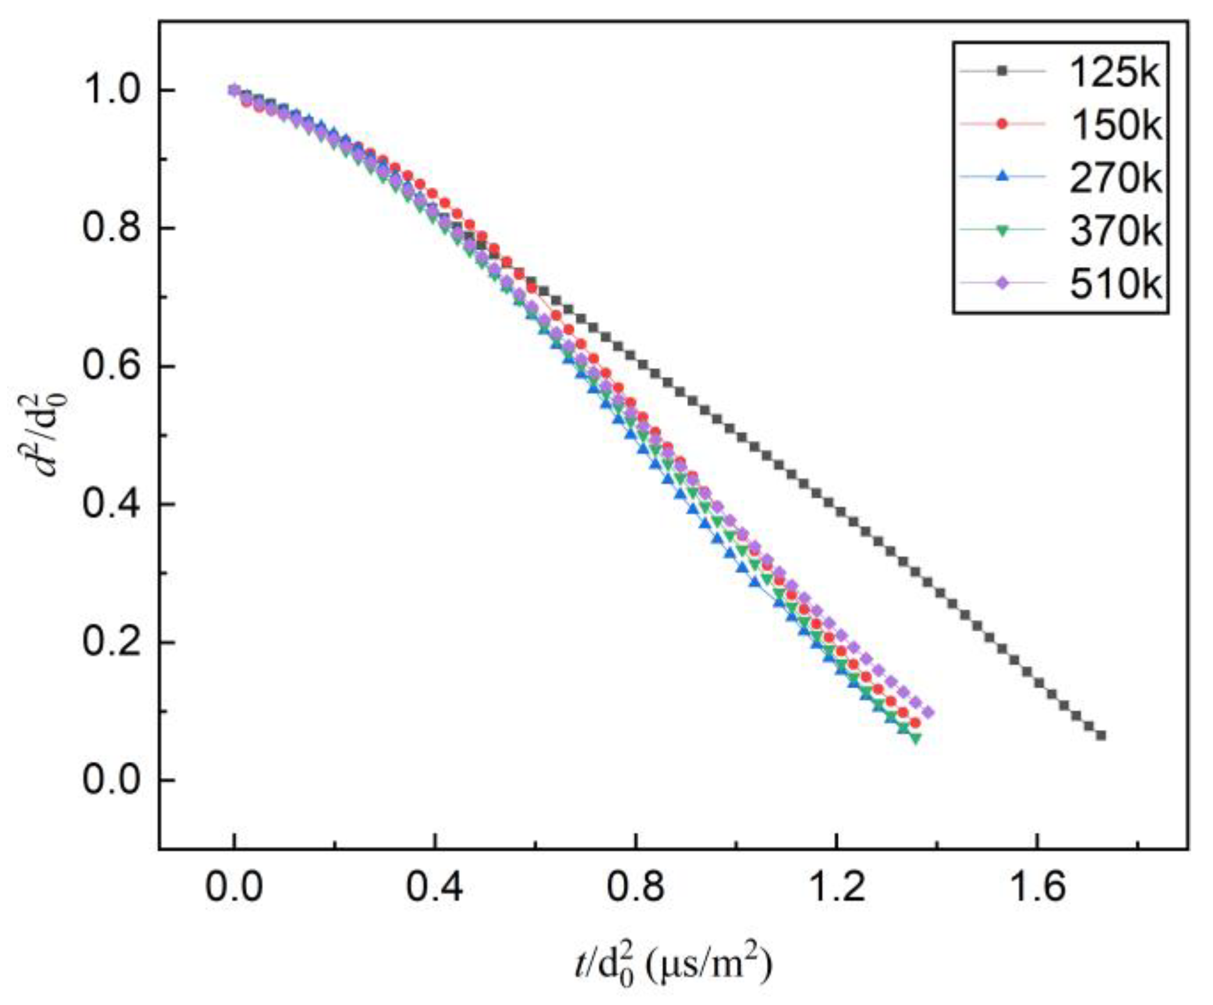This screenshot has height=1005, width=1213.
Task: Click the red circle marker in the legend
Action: pos(1002,124)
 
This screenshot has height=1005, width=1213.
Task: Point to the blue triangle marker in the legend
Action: pos(1002,177)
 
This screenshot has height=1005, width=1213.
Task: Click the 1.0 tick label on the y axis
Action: pos(112,90)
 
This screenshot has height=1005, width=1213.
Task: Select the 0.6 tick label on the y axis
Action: pos(112,367)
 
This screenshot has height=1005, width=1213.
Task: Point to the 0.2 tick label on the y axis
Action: pos(112,642)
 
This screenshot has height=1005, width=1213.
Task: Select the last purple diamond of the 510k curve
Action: pos(928,713)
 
